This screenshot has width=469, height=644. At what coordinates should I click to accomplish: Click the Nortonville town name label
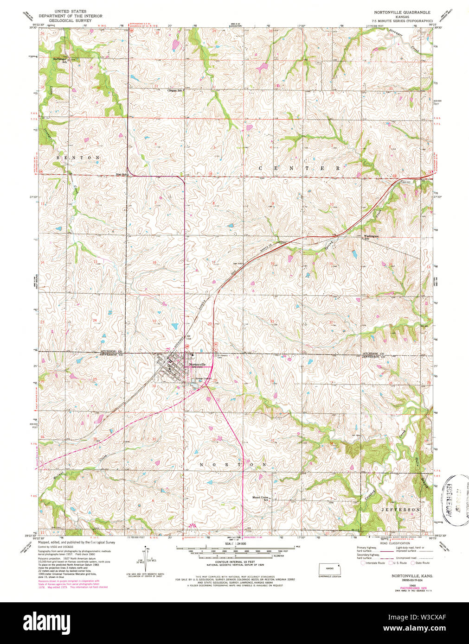tap(197, 365)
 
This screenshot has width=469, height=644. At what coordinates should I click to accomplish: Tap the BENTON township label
tap(78, 158)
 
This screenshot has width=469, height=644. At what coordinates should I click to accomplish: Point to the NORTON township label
tap(233, 464)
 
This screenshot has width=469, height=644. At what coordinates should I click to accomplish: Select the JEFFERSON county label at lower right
tap(400, 509)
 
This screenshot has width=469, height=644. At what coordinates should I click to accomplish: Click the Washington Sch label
tap(371, 237)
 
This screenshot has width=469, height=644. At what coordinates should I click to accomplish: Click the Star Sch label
tap(122, 175)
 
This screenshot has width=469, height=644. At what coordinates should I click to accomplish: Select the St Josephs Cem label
tap(223, 356)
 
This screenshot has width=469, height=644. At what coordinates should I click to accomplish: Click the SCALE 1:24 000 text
tap(234, 543)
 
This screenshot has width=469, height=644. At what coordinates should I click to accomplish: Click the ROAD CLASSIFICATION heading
tap(394, 543)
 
